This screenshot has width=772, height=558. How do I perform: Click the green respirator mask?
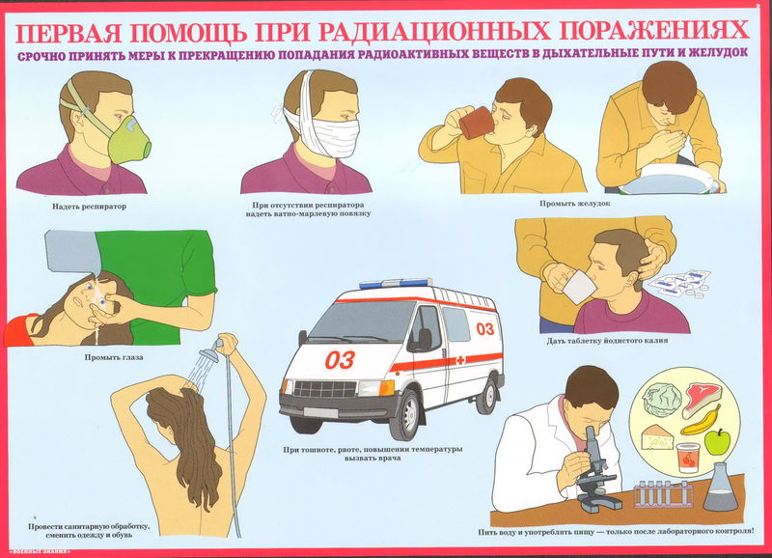coord(129,140)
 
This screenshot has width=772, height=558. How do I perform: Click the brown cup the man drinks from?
coord(476,123)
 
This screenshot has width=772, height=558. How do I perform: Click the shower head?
coord(209,353)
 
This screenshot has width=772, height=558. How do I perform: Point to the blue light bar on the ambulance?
coord(396,283)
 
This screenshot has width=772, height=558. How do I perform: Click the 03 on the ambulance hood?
coord(340,360)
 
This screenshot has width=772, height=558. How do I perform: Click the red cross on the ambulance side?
coord(460,360)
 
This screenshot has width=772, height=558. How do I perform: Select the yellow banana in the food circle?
coord(702,422)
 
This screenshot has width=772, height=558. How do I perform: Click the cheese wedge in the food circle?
coord(657,437)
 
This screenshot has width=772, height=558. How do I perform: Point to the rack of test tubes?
coord(663,494)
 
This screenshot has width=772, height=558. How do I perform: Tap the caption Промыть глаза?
coord(114,357)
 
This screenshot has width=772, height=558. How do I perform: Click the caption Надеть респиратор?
coord(89,207)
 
